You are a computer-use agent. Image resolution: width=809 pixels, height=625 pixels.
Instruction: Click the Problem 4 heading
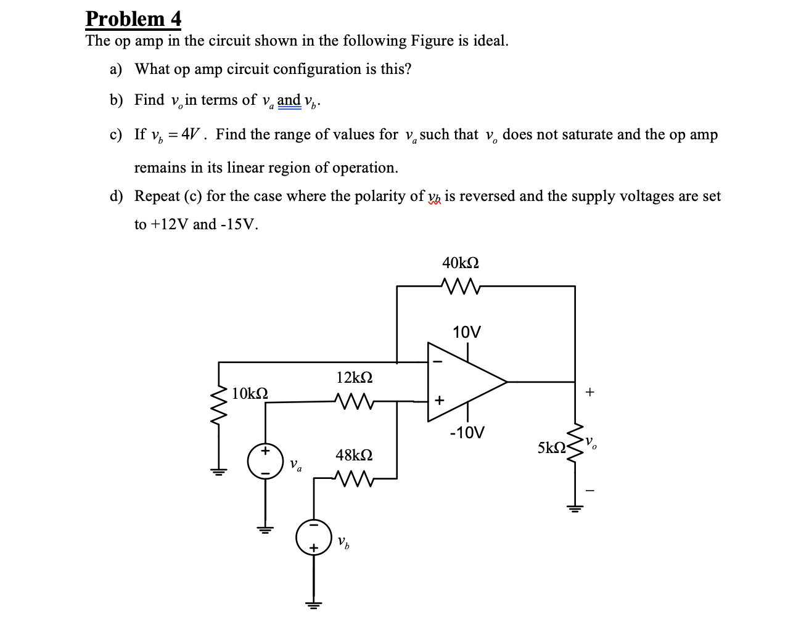pyautogui.click(x=133, y=18)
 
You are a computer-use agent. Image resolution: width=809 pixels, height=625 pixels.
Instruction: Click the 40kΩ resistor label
pyautogui.click(x=461, y=263)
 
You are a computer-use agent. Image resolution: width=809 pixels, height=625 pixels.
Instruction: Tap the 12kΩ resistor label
pyautogui.click(x=355, y=377)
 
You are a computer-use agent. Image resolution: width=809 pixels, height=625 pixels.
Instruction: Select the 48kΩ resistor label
pyautogui.click(x=354, y=455)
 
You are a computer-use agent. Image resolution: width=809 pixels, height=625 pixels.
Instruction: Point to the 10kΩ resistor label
pyautogui.click(x=250, y=393)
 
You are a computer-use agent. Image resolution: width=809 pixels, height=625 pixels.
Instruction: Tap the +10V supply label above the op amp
pyautogui.click(x=467, y=332)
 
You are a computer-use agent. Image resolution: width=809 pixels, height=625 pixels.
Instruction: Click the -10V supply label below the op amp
pyautogui.click(x=467, y=432)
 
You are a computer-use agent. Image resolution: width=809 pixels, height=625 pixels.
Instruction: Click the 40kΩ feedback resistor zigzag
pyautogui.click(x=461, y=286)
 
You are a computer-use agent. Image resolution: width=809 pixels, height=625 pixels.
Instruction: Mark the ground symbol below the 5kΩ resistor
pyautogui.click(x=575, y=509)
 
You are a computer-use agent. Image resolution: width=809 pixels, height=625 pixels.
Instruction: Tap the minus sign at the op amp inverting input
pyautogui.click(x=438, y=362)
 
